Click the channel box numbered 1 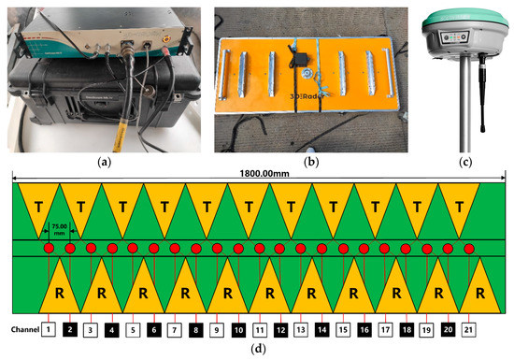[48, 330]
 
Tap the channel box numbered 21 [469, 330]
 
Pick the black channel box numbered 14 [321, 330]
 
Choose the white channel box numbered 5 [132, 330]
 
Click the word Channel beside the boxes [21, 330]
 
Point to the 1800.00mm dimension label [257, 172]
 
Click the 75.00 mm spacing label [59, 229]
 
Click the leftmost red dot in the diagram [49, 248]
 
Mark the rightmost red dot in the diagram [469, 248]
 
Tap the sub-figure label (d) [257, 352]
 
